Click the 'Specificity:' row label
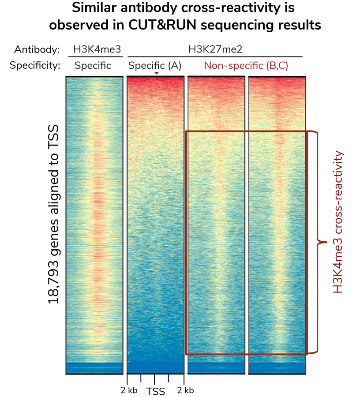(35, 66)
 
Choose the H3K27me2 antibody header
(215, 49)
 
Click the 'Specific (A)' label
(154, 66)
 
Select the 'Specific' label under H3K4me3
(93, 66)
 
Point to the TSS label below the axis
(155, 391)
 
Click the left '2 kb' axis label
(128, 390)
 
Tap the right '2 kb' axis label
(185, 390)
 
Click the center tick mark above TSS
(154, 379)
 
